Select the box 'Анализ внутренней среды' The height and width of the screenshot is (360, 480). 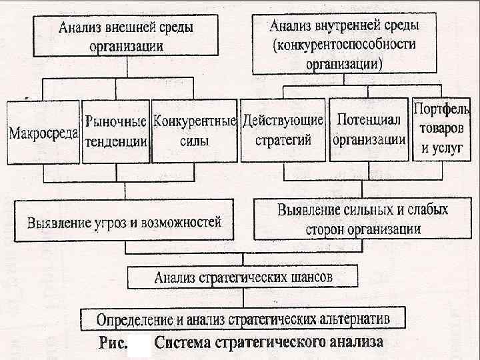coord(343,44)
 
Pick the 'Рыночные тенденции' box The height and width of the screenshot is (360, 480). coord(115,132)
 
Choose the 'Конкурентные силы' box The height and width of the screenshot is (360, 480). coord(194,131)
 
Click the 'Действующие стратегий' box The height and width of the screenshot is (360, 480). coord(283,131)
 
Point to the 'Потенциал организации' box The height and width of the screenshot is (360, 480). coord(369,130)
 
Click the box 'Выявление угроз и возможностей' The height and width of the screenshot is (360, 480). coord(124,222)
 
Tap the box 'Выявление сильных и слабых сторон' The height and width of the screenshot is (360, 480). coord(363,219)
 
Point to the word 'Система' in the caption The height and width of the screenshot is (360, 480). coord(181,343)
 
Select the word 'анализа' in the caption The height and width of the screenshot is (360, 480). coord(356,343)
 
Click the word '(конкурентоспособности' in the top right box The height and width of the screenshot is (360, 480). coord(343,45)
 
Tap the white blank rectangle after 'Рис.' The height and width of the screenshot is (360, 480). coord(139,347)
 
